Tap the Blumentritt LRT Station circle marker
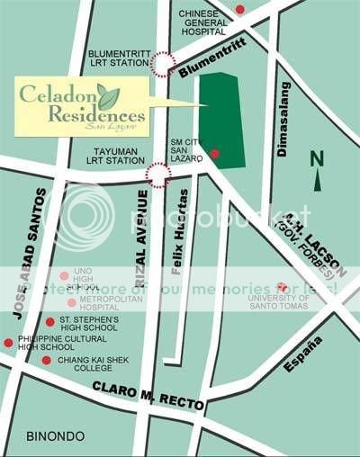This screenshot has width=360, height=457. tap(163, 63)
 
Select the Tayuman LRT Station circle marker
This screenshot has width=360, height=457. tap(158, 175)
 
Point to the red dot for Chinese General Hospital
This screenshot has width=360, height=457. tap(240, 10)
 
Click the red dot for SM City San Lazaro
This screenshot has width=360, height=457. tap(214, 155)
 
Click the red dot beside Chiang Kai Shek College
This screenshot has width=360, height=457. tap(46, 361)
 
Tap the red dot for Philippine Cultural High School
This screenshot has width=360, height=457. tap(8, 343)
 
